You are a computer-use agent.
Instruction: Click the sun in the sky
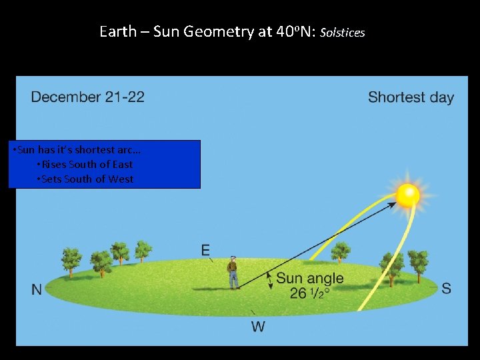coord(407,195)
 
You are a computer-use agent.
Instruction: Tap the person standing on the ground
coord(233,272)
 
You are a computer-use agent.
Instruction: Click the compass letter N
coord(37,289)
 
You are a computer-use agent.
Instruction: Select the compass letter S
coord(446,289)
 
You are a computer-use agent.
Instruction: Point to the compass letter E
coord(206,250)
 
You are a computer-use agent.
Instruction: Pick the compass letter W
coord(258,327)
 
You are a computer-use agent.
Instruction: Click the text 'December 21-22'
coord(87,97)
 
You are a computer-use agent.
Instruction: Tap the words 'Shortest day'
coord(411,97)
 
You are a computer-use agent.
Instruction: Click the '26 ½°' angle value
coord(310,293)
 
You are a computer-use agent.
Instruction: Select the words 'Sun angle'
coord(310,279)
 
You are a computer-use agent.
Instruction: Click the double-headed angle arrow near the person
coord(269,280)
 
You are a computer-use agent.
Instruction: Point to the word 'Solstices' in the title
coord(343,32)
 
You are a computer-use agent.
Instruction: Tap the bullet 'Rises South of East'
coord(85,164)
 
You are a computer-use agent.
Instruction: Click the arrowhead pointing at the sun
coord(391,206)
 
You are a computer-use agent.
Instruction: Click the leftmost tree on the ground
coord(71,259)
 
